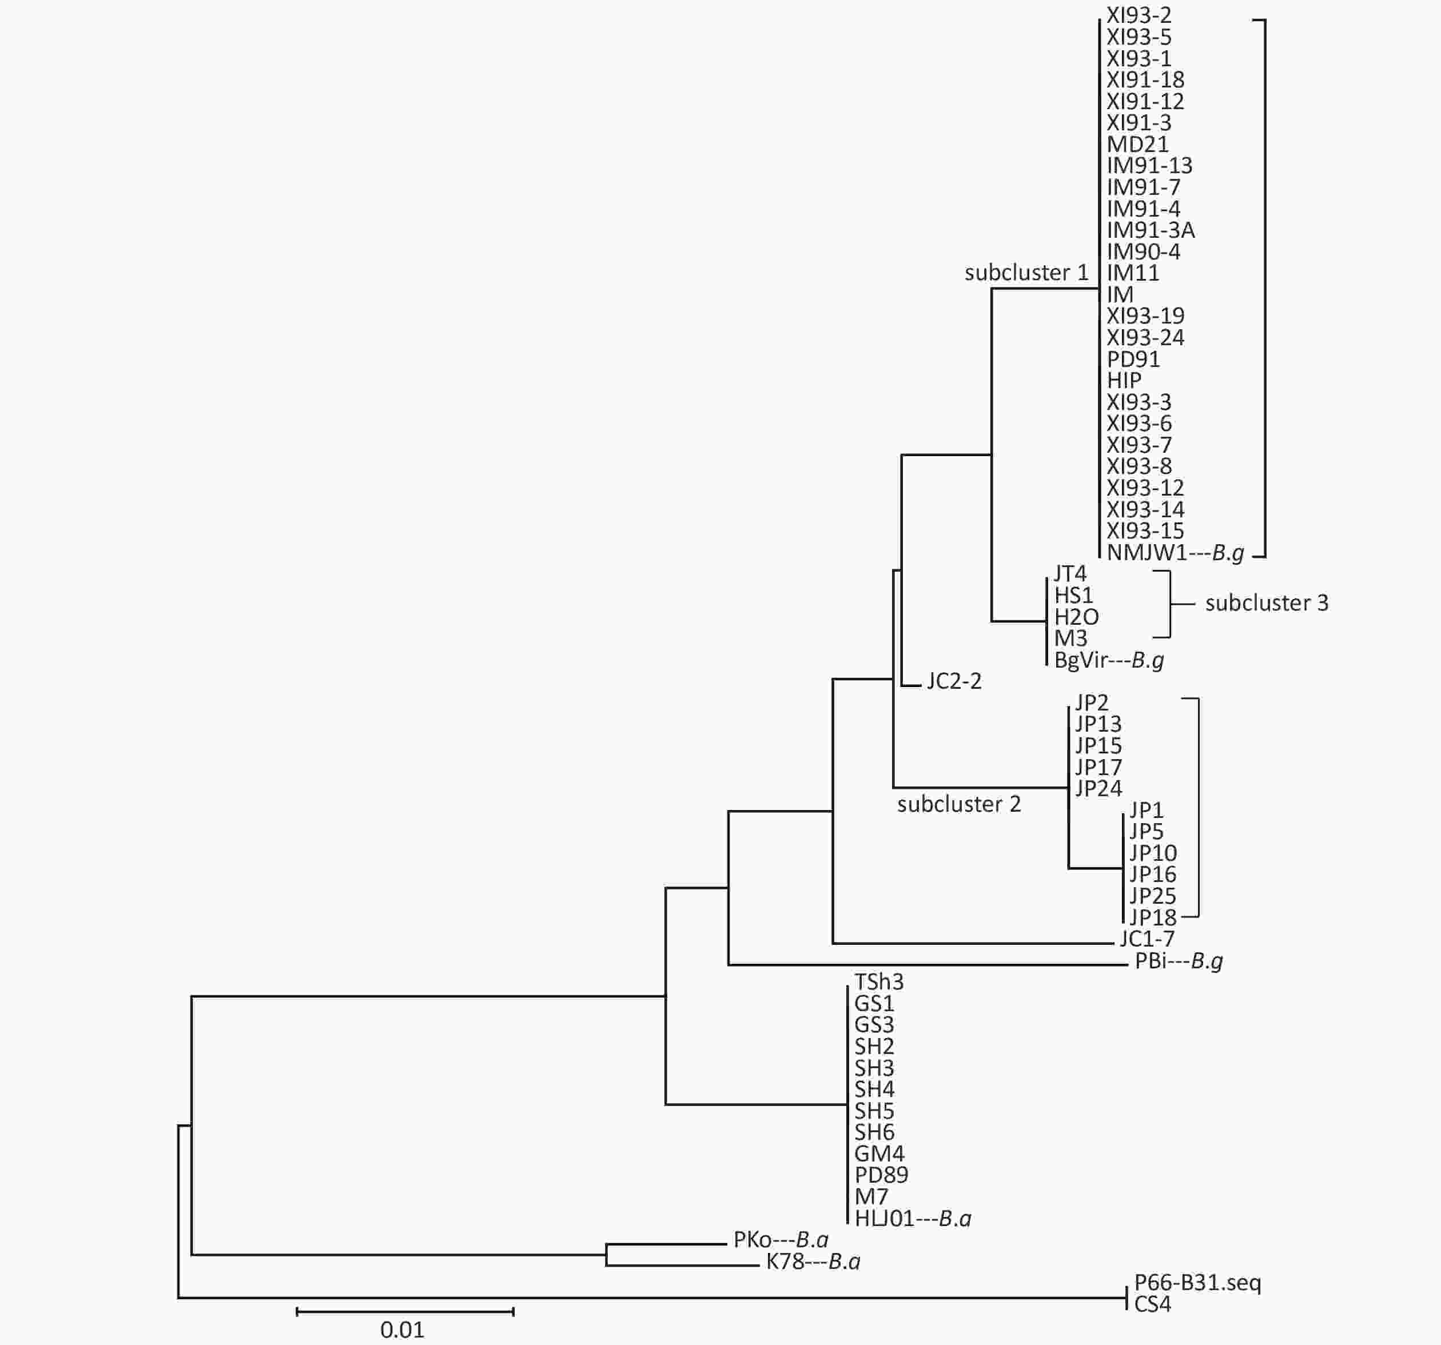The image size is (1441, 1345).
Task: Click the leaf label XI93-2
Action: [x=1139, y=15]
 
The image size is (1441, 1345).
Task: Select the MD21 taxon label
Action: [x=1137, y=144]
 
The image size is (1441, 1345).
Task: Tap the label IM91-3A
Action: [x=1151, y=230]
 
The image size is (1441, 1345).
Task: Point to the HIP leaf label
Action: [x=1124, y=381]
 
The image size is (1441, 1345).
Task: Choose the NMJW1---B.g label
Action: [x=1175, y=553]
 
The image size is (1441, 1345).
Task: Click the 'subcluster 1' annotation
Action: [x=1026, y=273]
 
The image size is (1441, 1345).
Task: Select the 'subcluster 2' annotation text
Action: [x=959, y=804]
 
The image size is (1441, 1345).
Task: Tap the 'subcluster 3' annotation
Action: [x=1267, y=603]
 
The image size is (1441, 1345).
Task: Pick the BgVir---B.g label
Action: [x=1109, y=660]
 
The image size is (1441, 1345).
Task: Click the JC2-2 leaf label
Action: [x=954, y=681]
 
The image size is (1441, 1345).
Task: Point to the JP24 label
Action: [x=1098, y=788]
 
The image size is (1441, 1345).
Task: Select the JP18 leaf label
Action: [x=1152, y=917]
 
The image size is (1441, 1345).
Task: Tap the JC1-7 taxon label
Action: [x=1147, y=939]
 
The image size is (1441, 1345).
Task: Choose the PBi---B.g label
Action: [x=1179, y=961]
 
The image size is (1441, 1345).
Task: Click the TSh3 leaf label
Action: [x=878, y=982]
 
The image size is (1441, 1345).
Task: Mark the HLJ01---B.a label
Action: [x=913, y=1219]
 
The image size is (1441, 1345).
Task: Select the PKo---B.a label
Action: [x=781, y=1240]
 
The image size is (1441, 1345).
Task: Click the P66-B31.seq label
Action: [x=1197, y=1283]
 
